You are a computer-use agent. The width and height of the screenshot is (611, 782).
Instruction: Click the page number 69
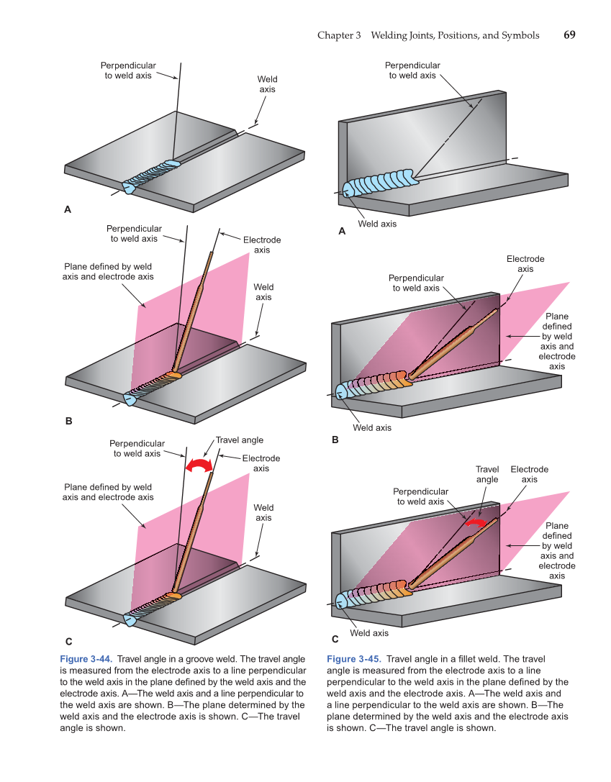[x=569, y=35]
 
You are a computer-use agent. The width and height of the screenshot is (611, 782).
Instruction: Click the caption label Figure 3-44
[x=86, y=659]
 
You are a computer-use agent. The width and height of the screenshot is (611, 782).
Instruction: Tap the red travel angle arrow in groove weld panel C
[x=199, y=465]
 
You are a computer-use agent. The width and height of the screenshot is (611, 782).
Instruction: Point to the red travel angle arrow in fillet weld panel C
[x=475, y=523]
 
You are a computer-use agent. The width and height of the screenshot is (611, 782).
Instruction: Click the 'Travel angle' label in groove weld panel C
[x=240, y=440]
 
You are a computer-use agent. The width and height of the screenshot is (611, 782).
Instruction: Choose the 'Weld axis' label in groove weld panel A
[x=268, y=84]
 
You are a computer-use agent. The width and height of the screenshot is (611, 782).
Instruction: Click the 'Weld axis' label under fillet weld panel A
[x=376, y=224]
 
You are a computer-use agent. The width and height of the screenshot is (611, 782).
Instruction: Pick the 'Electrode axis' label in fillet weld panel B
[x=525, y=263]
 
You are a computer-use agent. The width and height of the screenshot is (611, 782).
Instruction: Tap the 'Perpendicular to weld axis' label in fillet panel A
[x=412, y=70]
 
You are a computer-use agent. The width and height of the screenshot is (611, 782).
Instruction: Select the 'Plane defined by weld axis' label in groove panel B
[x=108, y=271]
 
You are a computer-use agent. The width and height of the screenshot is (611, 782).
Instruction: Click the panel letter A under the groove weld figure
[x=68, y=210]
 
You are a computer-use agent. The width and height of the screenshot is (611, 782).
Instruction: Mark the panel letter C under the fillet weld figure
[x=335, y=638]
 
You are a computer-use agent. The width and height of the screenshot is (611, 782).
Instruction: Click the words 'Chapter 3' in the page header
[x=339, y=35]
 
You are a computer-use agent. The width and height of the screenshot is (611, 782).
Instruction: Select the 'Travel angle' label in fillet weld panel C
[x=487, y=474]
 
